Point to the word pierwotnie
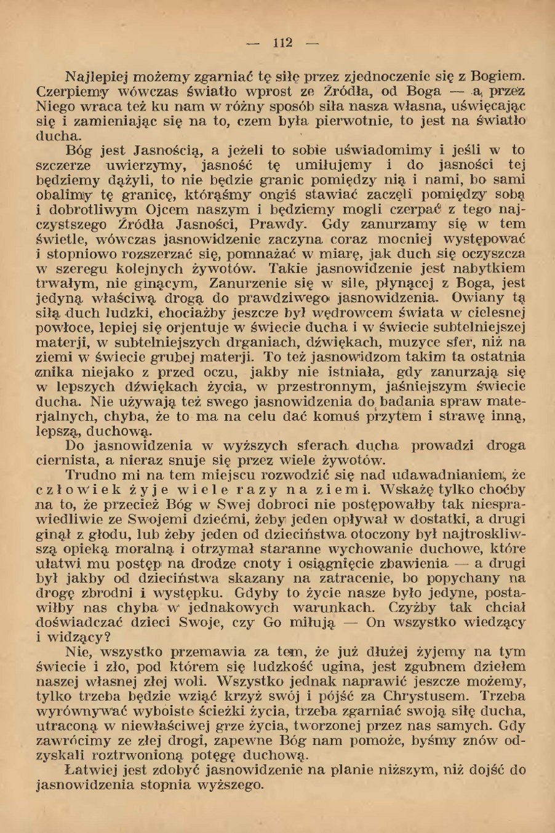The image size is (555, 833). tap(354, 121)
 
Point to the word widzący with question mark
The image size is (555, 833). tap(79, 637)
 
